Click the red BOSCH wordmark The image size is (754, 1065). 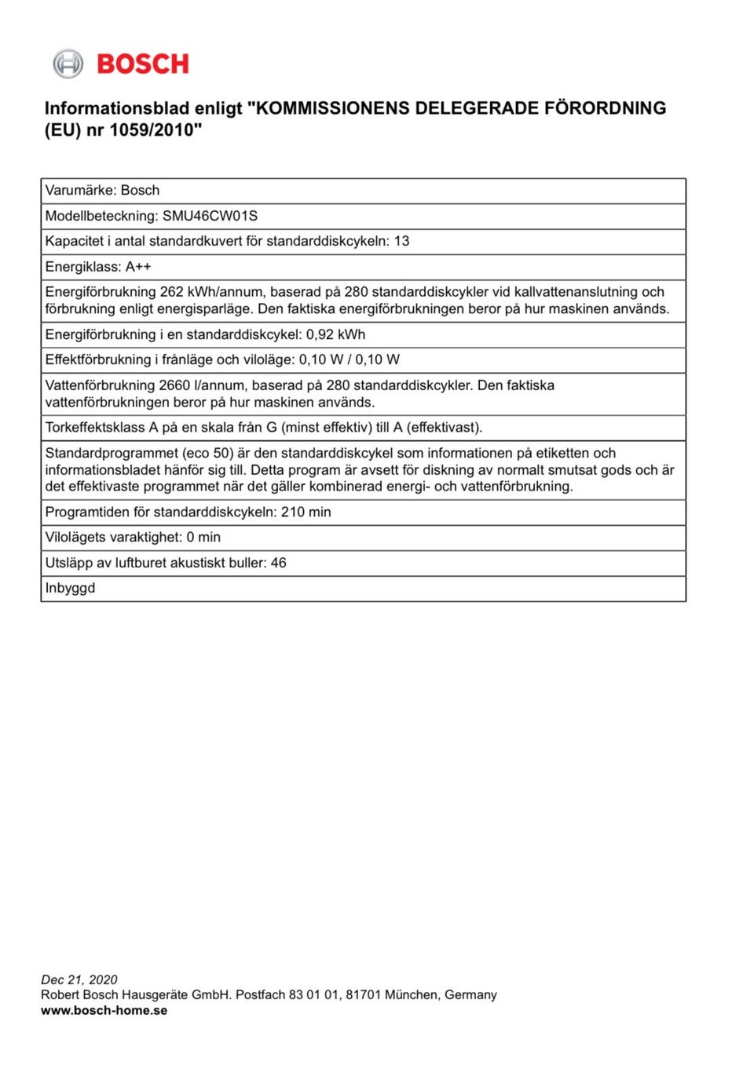point(143,64)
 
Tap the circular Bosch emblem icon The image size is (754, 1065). point(68,64)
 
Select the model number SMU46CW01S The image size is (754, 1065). point(210,216)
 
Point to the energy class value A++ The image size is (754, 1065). point(138,267)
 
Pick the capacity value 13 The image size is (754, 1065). point(401,241)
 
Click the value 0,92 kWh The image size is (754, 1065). point(335,334)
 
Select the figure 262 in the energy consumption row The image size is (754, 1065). point(171,292)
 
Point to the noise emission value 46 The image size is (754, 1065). point(279,563)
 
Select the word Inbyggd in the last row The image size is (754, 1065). point(70,588)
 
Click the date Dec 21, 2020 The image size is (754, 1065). point(79,979)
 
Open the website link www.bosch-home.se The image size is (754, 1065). point(104,1010)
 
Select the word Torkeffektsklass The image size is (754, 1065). point(95,428)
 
